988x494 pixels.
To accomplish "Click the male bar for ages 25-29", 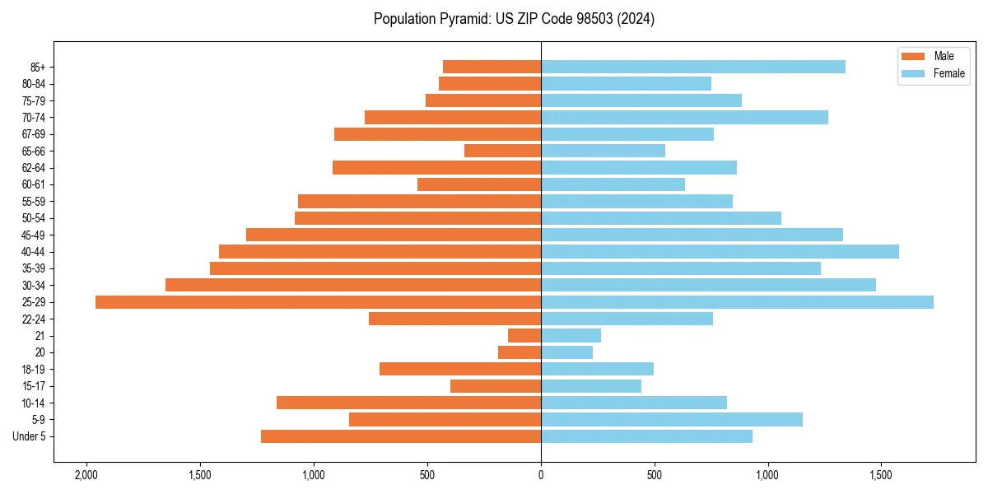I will (x=318, y=302).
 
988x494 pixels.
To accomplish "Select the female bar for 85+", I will (x=692, y=67).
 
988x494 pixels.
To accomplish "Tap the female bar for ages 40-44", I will (x=720, y=251).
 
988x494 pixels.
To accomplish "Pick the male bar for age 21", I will (x=524, y=336).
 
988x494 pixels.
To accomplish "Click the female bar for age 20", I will (x=566, y=352).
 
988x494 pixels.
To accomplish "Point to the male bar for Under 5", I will (x=400, y=436).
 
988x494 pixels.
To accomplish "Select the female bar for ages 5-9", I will (x=671, y=420).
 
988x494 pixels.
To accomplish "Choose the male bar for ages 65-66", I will (x=502, y=151).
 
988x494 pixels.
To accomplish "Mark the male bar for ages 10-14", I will (x=408, y=403).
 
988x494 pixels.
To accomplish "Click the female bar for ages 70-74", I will (x=684, y=117).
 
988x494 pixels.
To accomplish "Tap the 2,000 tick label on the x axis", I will (x=86, y=475).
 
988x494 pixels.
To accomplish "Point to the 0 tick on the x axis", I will (x=541, y=475).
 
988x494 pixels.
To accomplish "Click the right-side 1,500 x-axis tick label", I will (x=881, y=475).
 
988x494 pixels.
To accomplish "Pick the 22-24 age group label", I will (x=33, y=319).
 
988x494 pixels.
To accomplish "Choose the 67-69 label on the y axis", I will (x=33, y=134).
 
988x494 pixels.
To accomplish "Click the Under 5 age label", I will (x=29, y=436).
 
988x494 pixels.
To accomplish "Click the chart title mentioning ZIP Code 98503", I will (x=514, y=19).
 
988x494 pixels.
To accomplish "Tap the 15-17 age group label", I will (x=33, y=386).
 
